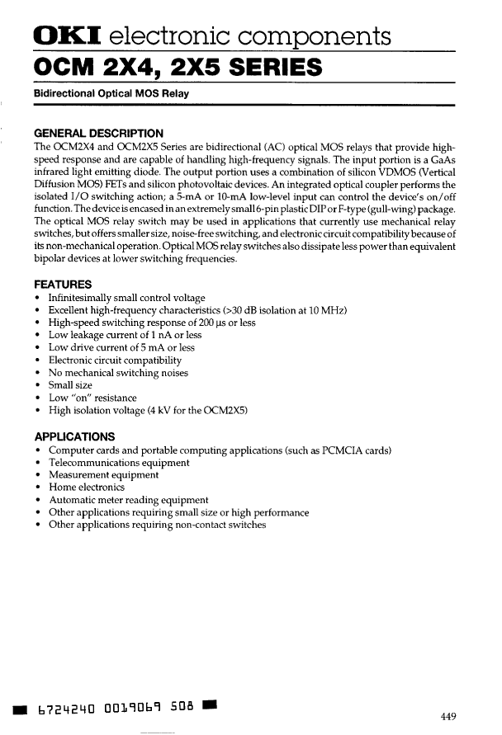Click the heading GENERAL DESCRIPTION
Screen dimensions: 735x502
[97, 133]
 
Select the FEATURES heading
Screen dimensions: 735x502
[62, 284]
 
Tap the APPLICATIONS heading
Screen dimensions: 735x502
[74, 436]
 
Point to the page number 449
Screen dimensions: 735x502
[448, 715]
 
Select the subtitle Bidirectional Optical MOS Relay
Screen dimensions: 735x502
[111, 93]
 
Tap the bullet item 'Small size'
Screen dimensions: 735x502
[70, 385]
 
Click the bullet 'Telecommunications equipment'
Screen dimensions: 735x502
[119, 463]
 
